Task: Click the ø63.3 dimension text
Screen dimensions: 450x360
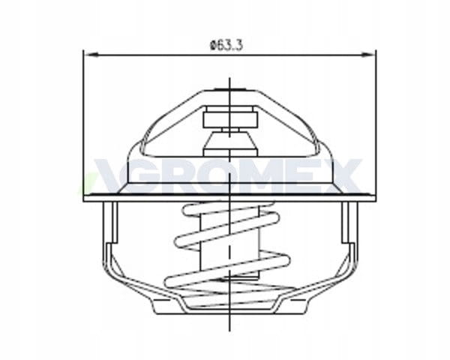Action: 226,45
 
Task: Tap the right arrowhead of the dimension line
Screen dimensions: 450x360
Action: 369,54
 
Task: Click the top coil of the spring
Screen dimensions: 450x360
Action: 228,209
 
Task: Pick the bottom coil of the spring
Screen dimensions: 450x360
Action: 228,271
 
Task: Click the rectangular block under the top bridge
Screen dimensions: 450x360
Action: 229,117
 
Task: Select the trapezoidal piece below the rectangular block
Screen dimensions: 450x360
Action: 229,141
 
